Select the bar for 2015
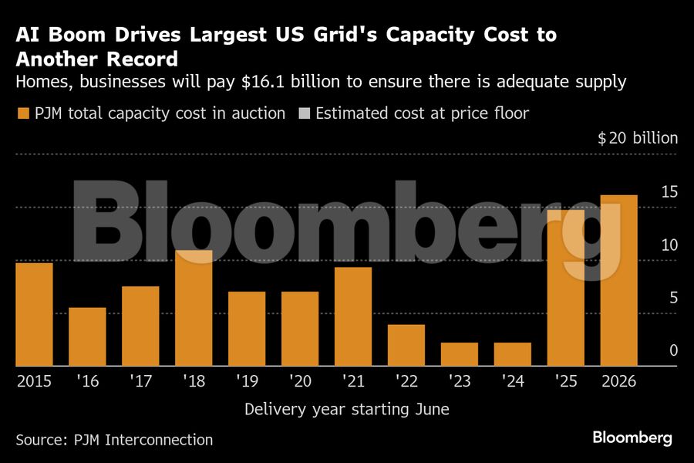(34, 314)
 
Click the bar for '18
(194, 308)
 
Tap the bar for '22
(406, 345)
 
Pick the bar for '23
(459, 354)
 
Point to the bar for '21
(353, 316)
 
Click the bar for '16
(87, 336)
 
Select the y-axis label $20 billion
(638, 138)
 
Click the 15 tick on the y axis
(669, 191)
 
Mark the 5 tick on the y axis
(672, 298)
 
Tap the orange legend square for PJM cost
(22, 114)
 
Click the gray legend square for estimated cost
(304, 114)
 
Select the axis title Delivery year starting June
(346, 409)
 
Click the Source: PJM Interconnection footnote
(114, 440)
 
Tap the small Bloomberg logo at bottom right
(632, 438)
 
